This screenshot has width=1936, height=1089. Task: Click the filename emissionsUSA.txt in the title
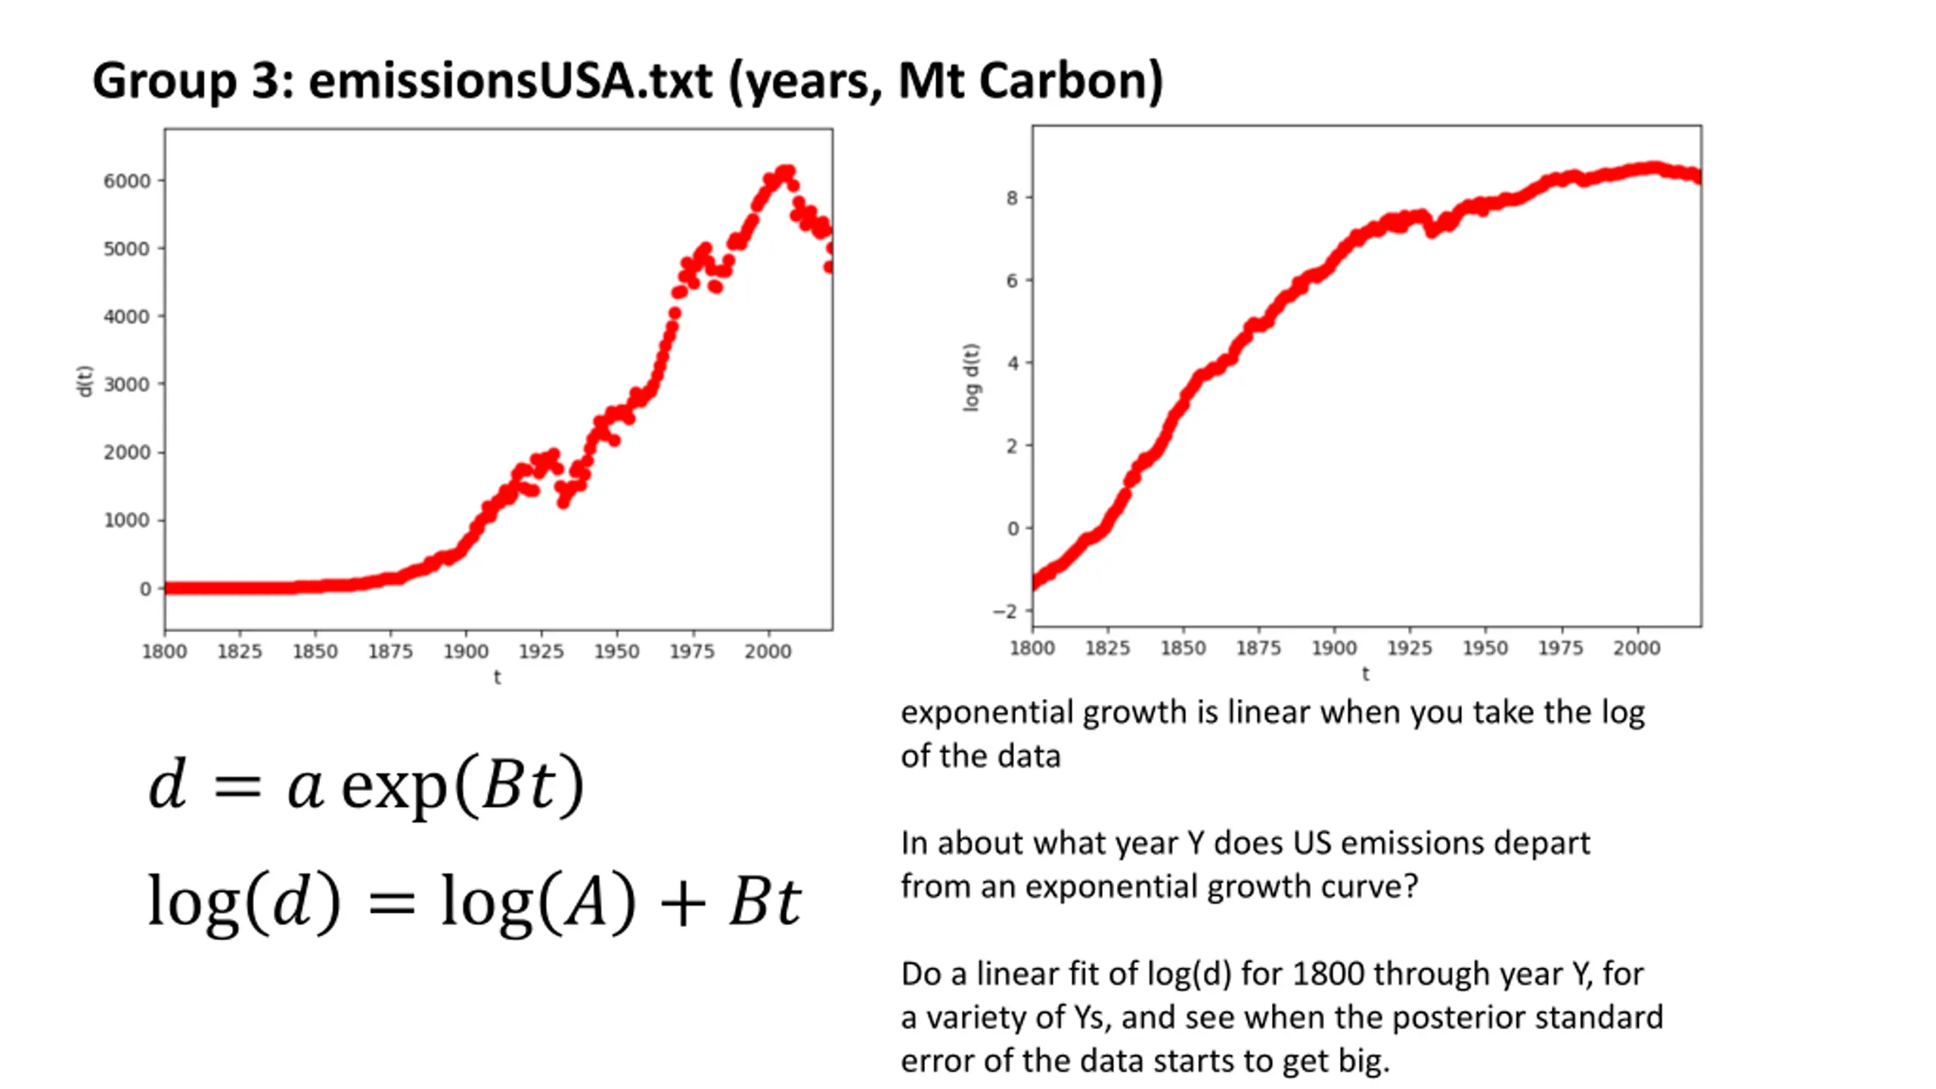pyautogui.click(x=510, y=81)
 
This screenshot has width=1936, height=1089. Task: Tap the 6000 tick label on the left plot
pyautogui.click(x=126, y=181)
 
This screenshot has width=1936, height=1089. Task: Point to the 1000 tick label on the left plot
pyautogui.click(x=126, y=520)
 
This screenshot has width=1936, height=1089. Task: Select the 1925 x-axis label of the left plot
pyautogui.click(x=541, y=651)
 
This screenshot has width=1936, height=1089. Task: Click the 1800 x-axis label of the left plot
pyautogui.click(x=164, y=651)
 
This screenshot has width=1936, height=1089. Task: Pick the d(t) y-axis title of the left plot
pyautogui.click(x=84, y=380)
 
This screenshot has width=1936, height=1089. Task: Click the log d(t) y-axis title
pyautogui.click(x=970, y=377)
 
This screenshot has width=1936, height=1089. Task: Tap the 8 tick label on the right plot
pyautogui.click(x=1012, y=198)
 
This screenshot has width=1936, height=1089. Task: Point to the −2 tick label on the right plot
pyautogui.click(x=1006, y=611)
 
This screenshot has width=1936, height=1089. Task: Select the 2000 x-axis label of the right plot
pyautogui.click(x=1636, y=648)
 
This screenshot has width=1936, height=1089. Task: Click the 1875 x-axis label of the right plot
pyautogui.click(x=1258, y=648)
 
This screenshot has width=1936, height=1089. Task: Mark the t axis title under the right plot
pyautogui.click(x=1365, y=674)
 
